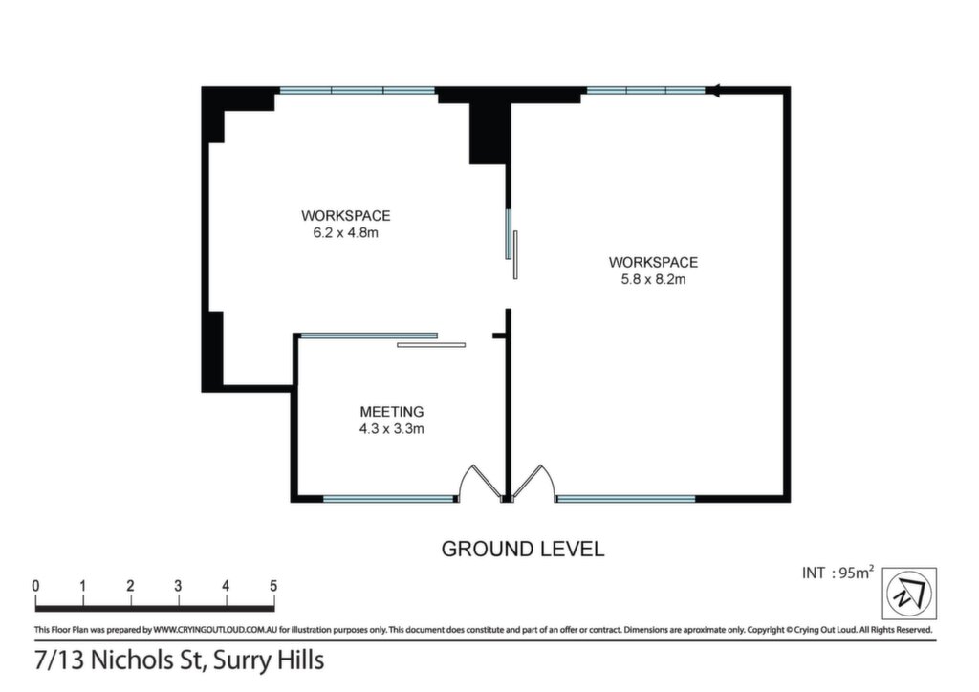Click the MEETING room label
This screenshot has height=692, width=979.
[391, 412]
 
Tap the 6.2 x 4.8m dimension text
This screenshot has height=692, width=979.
[345, 233]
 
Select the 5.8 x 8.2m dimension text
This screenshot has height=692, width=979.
[653, 279]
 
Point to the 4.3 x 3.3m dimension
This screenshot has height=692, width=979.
[391, 429]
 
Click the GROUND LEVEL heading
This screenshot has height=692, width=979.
[523, 549]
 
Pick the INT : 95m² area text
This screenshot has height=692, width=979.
[838, 573]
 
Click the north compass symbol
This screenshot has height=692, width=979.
[909, 594]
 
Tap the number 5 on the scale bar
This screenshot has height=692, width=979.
[273, 586]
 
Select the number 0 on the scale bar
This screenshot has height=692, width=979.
[35, 586]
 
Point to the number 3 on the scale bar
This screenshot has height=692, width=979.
[178, 586]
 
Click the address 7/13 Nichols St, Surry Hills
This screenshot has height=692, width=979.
[179, 660]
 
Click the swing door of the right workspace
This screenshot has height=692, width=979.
[533, 483]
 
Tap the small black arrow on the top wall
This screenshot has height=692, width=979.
[713, 91]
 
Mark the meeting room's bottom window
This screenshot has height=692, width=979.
[389, 499]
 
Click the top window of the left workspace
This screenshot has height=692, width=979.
[358, 91]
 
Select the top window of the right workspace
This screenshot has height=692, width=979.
[645, 91]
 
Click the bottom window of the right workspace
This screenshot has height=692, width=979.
[625, 499]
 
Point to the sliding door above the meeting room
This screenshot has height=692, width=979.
[382, 339]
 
